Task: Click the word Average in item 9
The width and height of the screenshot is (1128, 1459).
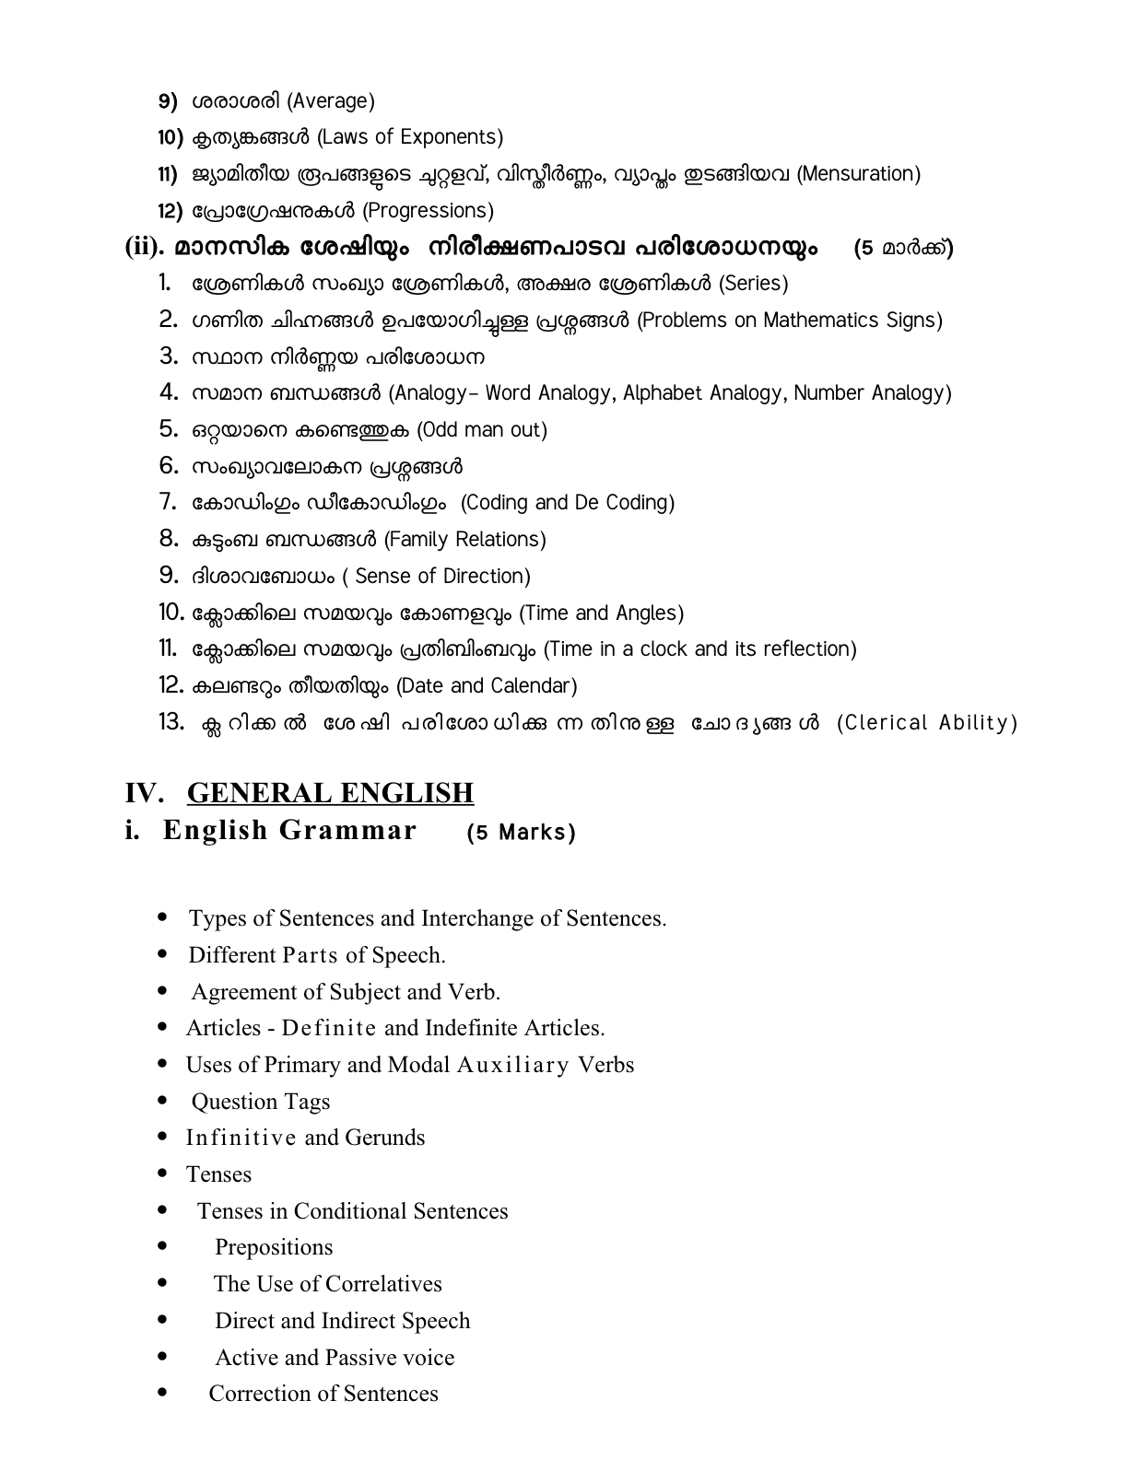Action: click(x=331, y=100)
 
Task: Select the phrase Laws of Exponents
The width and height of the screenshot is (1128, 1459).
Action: click(x=410, y=137)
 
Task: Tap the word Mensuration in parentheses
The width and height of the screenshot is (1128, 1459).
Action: click(x=858, y=174)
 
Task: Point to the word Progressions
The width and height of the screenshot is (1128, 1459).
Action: click(x=428, y=211)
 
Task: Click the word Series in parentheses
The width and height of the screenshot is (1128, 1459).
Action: click(x=753, y=284)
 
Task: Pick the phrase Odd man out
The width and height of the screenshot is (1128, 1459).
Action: click(x=482, y=430)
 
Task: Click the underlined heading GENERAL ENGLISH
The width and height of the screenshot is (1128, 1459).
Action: click(x=330, y=793)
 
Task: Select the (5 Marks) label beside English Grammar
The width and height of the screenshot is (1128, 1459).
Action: click(x=521, y=833)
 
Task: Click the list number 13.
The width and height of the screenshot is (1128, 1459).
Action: click(x=171, y=722)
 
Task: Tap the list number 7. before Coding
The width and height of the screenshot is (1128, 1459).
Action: click(x=167, y=502)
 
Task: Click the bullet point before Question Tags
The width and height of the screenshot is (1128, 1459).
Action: click(x=163, y=1101)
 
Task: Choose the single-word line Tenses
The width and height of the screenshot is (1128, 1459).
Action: click(x=218, y=1174)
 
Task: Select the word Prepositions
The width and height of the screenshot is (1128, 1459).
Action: click(x=274, y=1247)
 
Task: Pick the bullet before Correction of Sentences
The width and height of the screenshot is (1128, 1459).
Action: click(x=163, y=1394)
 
